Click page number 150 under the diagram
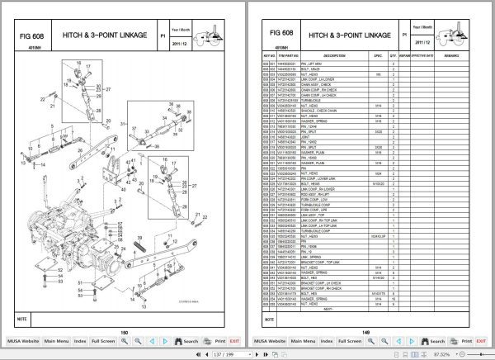pos(123,331)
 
